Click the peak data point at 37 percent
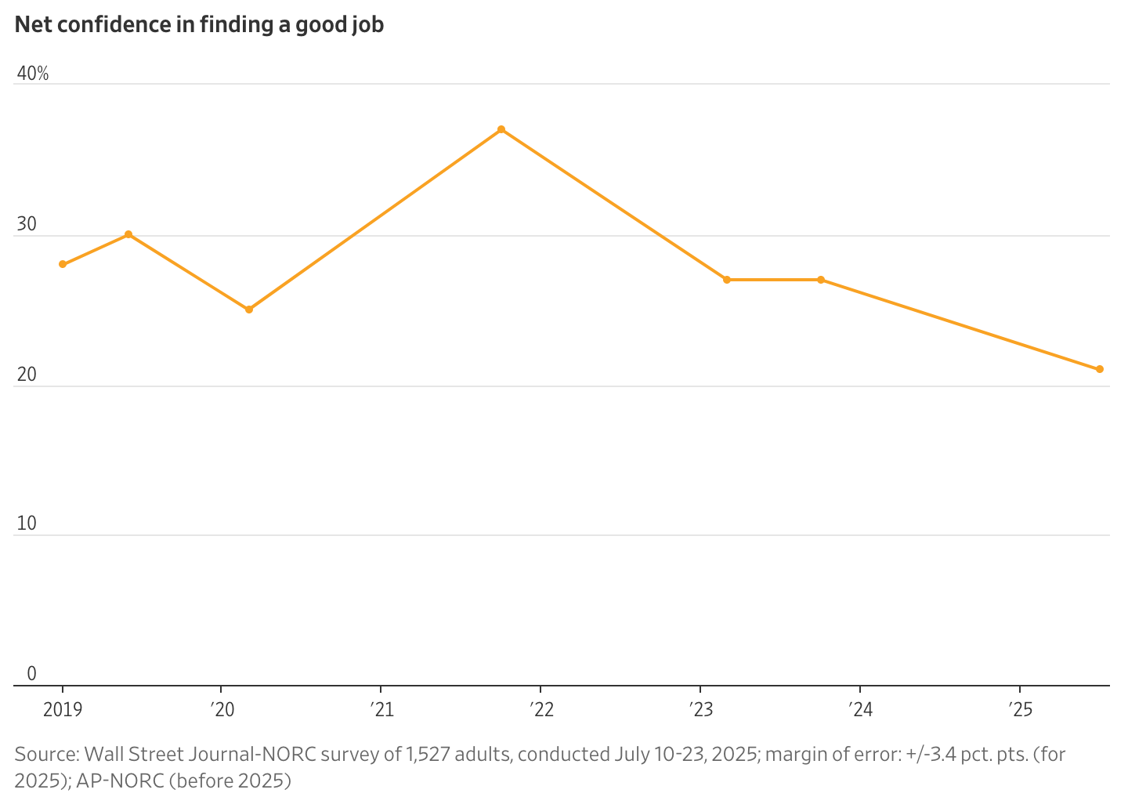pos(501,129)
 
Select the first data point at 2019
pos(63,264)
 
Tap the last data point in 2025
pos(1100,369)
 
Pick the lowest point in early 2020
pos(249,310)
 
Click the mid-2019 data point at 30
pos(128,234)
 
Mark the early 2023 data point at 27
pos(727,280)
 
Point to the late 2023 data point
pos(821,280)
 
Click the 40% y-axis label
pos(32,74)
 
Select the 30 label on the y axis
pos(27,225)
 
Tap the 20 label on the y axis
pos(27,375)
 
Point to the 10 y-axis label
pos(27,523)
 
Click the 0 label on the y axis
pos(31,674)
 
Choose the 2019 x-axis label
pos(63,710)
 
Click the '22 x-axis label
pos(540,710)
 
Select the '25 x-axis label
pos(1021,710)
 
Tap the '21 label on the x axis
pos(381,710)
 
